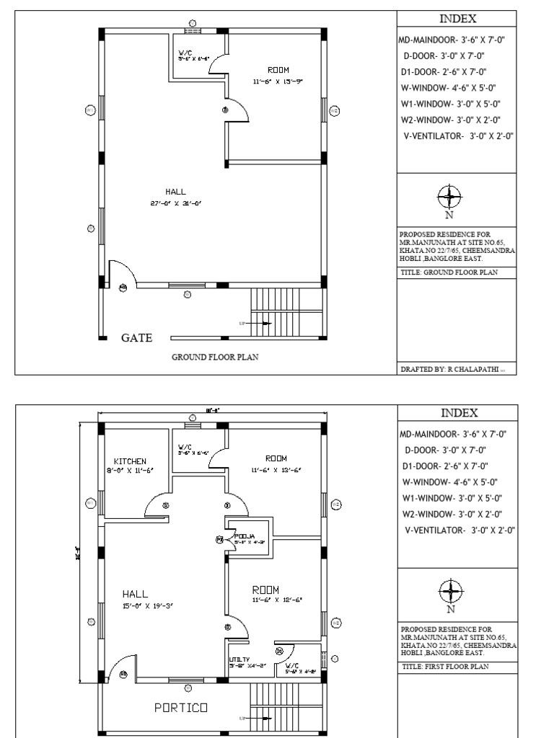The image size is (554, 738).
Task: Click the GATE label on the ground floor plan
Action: (136, 337)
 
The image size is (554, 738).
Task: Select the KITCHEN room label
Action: (130, 461)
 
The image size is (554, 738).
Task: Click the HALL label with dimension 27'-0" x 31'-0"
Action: (175, 192)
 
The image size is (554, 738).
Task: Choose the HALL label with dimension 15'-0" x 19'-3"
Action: (135, 594)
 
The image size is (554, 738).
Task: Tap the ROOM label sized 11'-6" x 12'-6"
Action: (265, 590)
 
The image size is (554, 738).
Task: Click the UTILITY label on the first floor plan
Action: (239, 659)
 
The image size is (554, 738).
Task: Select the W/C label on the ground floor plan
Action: (185, 53)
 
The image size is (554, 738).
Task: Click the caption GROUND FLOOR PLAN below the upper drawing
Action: (215, 357)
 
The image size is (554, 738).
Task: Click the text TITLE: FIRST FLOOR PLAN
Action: (445, 667)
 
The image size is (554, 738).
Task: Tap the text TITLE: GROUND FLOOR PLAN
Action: (448, 272)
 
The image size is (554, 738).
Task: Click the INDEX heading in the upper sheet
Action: (458, 19)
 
